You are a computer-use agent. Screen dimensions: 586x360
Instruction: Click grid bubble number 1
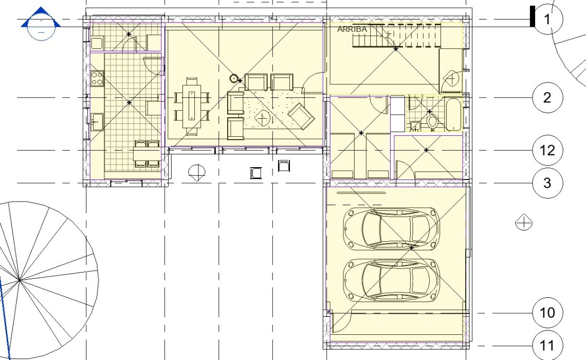point(547,19)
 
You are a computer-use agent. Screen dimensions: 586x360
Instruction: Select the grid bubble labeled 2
point(547,98)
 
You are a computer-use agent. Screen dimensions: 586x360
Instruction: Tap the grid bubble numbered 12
point(547,150)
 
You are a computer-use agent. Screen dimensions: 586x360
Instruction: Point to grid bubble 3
point(547,183)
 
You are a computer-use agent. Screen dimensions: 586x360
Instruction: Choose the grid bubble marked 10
point(547,313)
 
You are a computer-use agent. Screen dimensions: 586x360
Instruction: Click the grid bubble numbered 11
point(547,346)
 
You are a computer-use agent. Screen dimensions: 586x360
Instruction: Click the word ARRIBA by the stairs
point(352,29)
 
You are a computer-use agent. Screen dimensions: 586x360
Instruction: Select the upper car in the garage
point(391,228)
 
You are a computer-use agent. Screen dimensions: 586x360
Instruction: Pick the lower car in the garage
point(391,280)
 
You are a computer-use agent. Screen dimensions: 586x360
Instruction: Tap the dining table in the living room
point(191,106)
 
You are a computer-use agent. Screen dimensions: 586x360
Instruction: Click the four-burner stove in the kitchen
point(97,78)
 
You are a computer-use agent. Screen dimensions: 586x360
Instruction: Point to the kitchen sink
point(97,122)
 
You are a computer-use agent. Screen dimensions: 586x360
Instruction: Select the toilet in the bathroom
point(432,122)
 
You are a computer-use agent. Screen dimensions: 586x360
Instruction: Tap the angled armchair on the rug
point(301,116)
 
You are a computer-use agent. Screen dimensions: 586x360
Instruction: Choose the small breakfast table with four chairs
point(146,153)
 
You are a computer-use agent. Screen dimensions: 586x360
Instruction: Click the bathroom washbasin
point(415,126)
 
